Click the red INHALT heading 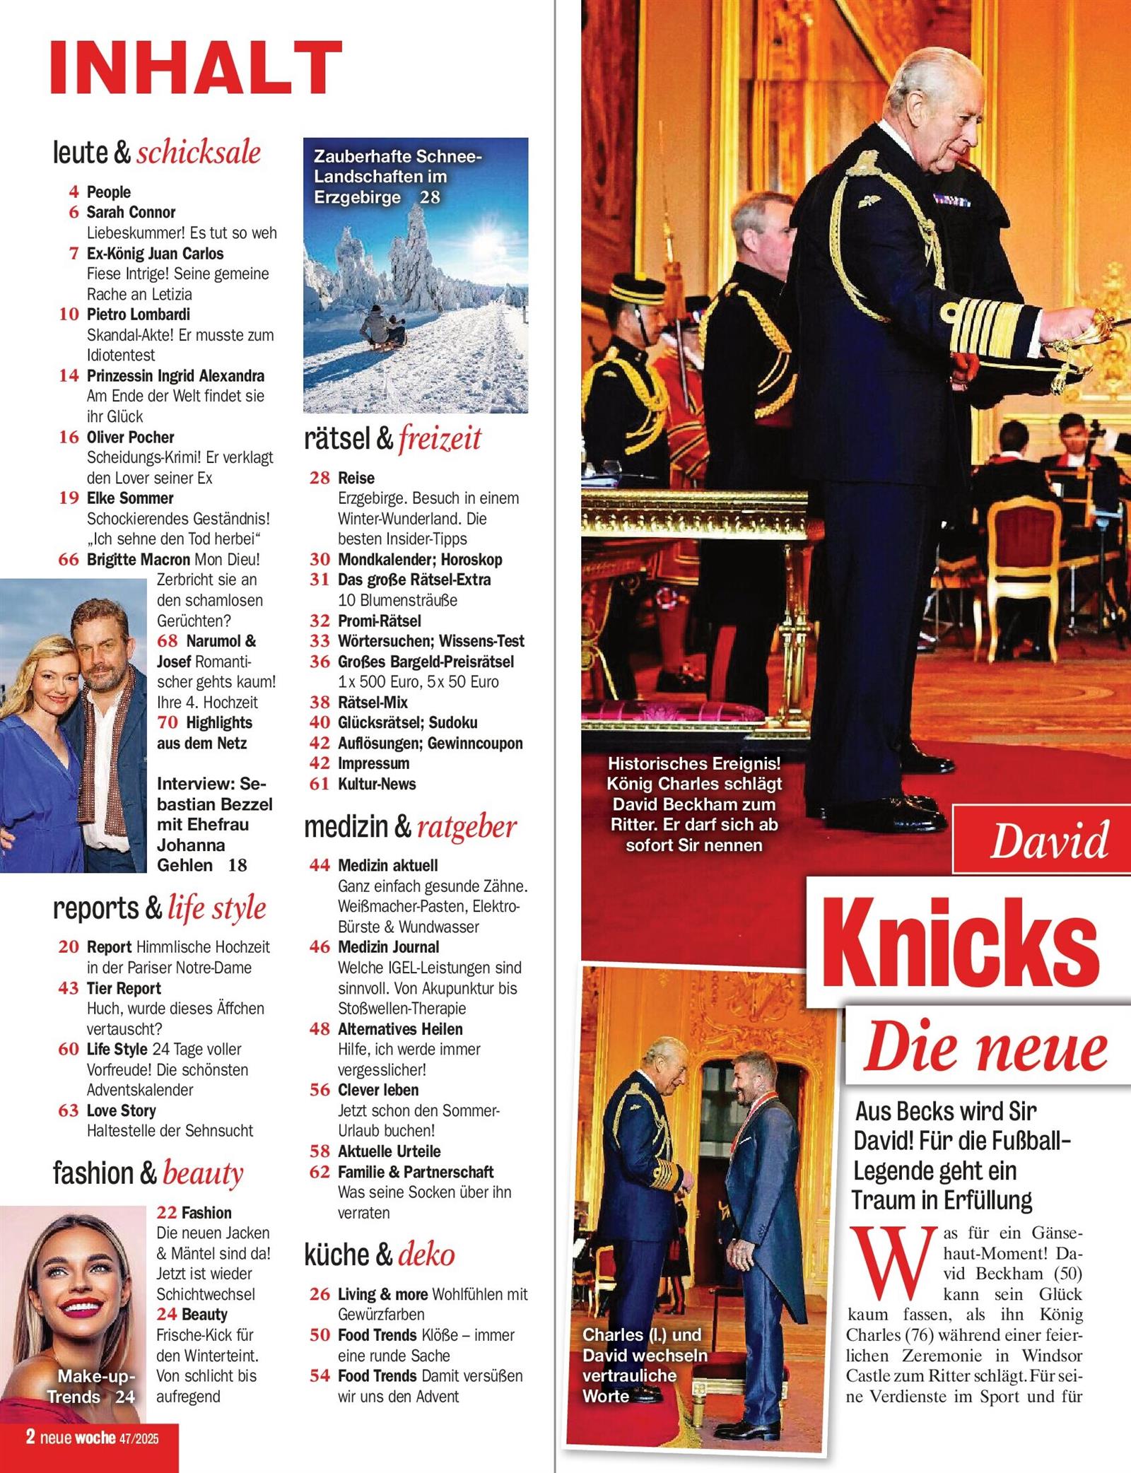click(x=196, y=67)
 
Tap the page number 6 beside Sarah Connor click(x=74, y=212)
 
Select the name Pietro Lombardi click(x=138, y=315)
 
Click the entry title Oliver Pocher click(x=130, y=437)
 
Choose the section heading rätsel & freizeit click(x=392, y=438)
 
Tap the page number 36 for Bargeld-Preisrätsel click(x=320, y=662)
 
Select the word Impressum click(x=373, y=763)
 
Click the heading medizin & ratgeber click(x=410, y=826)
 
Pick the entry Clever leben click(x=377, y=1090)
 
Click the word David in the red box click(x=1049, y=841)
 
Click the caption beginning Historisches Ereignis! click(x=693, y=804)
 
